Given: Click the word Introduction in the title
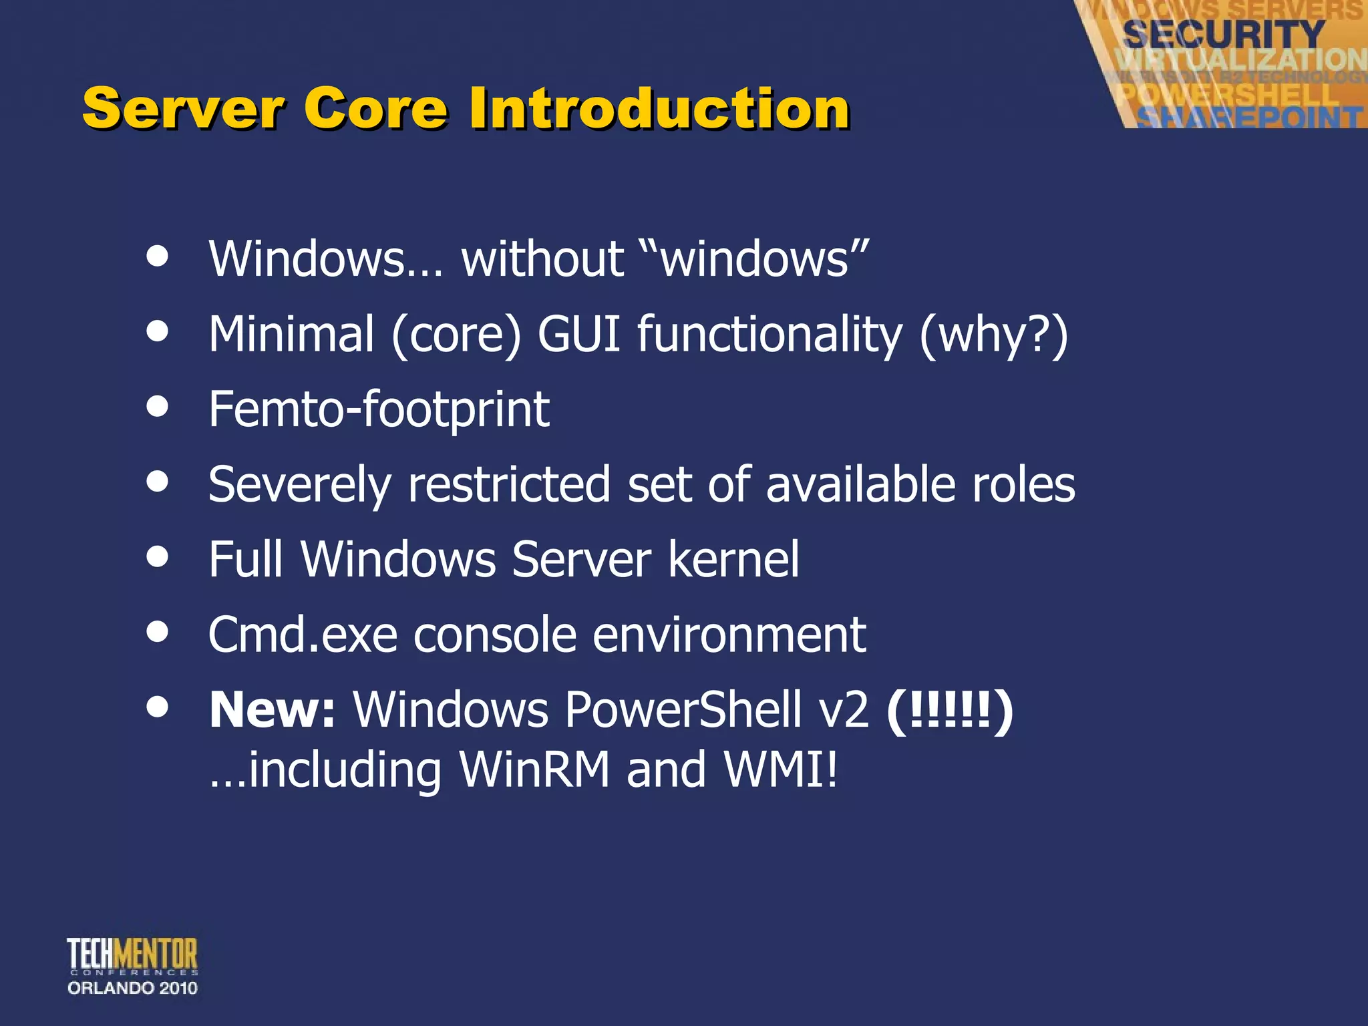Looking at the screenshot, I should coord(659,108).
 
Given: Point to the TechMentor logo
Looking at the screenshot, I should coord(132,955).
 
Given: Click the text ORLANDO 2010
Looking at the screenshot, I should coord(132,988).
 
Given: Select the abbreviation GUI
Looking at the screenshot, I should coord(578,334).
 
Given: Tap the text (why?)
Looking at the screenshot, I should coord(993,335).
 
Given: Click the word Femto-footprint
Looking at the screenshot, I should coord(379,409).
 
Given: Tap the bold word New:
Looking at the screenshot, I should coord(272,709).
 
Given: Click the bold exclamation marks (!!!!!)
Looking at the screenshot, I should coord(949,711).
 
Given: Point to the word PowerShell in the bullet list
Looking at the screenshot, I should coord(683,709).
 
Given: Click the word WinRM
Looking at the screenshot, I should coord(534,769).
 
